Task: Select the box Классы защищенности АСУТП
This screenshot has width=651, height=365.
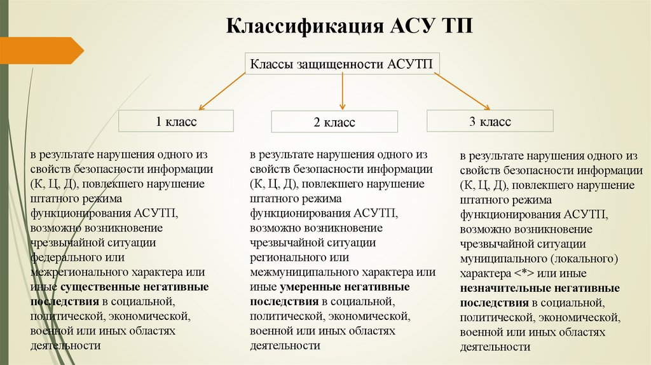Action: pos(343,64)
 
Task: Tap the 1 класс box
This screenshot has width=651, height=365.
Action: pos(176,121)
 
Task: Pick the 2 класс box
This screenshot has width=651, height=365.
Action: pos(334,122)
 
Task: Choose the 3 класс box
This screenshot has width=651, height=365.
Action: pos(490,121)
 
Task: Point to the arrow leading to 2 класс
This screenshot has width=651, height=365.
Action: pos(343,91)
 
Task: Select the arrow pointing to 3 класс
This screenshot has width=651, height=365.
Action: pos(462,90)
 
